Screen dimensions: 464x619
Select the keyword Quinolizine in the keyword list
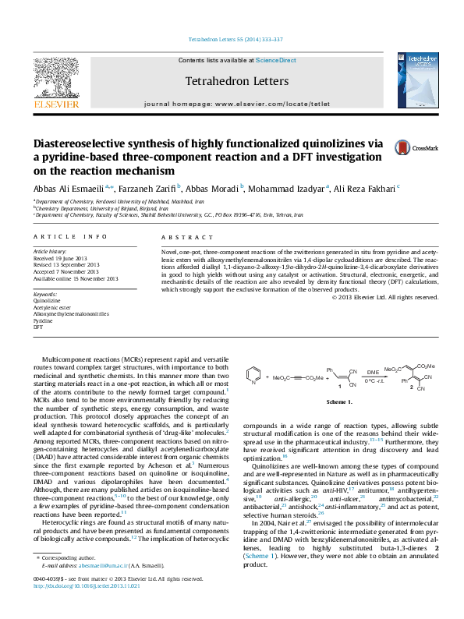click(x=45, y=299)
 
